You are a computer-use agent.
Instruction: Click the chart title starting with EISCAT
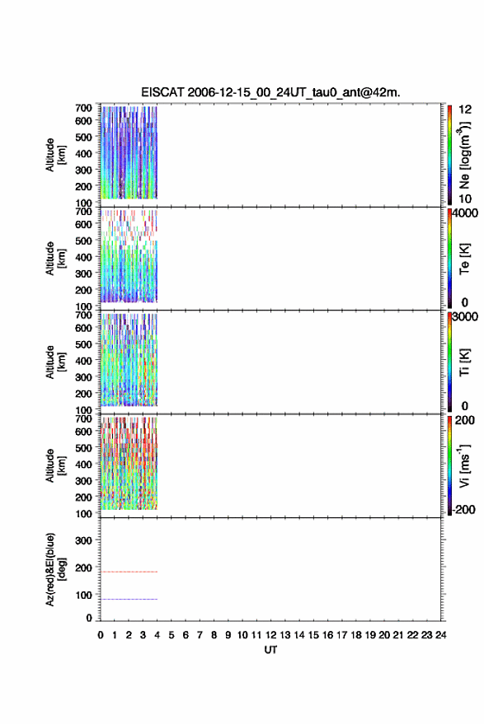point(270,92)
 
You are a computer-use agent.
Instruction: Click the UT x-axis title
point(271,650)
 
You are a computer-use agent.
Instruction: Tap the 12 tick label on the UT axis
point(271,635)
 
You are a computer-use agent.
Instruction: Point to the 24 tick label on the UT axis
point(441,635)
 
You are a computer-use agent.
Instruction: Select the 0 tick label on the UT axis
point(101,635)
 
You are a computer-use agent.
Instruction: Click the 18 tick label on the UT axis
point(356,635)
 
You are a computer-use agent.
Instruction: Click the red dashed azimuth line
point(129,572)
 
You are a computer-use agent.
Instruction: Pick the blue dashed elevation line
point(129,600)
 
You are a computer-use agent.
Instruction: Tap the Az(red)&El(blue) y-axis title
point(55,569)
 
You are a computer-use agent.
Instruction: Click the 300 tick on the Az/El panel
point(83,540)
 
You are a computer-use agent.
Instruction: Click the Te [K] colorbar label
point(464,259)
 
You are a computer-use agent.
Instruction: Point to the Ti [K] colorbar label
point(464,362)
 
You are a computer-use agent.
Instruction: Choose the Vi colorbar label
point(464,465)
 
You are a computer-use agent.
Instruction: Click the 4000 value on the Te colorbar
point(465,213)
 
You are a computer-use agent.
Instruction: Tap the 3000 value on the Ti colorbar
point(465,316)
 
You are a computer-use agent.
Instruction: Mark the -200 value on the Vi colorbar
point(463,509)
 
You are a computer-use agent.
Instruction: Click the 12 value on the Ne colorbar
point(465,110)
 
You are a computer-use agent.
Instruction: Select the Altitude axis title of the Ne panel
point(55,155)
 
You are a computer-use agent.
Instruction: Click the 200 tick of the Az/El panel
point(83,568)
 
